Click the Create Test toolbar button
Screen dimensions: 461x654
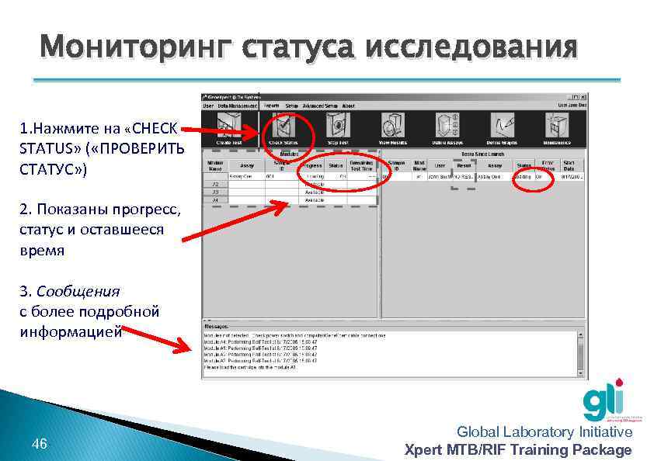(229, 128)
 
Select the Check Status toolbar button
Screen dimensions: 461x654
(284, 128)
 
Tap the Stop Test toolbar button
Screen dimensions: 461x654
(338, 128)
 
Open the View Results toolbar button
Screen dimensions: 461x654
(393, 128)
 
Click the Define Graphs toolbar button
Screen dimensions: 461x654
(502, 128)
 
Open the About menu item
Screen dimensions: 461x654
(348, 106)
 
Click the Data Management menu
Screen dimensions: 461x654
(238, 106)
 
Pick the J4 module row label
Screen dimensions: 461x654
(214, 200)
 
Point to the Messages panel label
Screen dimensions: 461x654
(217, 327)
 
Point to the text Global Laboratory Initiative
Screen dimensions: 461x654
(544, 432)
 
